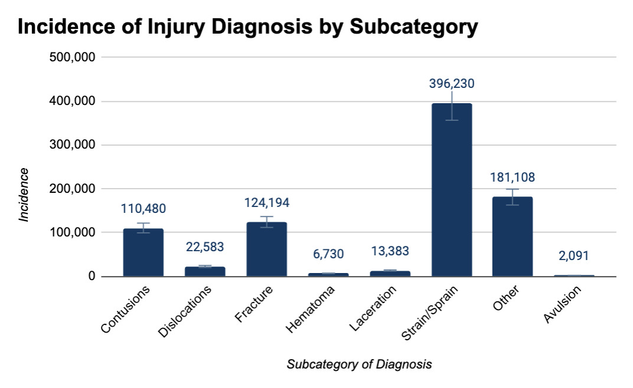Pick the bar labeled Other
coord(513,236)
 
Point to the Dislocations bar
coord(205,271)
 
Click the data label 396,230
coord(451,84)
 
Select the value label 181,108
coord(513,177)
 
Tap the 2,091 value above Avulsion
coord(574,256)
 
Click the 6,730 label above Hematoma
coord(328,254)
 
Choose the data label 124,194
coord(266,203)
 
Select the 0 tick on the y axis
coord(92,277)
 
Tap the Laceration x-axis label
coord(373,307)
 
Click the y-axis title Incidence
coord(24,195)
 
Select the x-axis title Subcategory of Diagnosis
coord(359,364)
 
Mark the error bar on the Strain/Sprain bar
coord(451,106)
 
